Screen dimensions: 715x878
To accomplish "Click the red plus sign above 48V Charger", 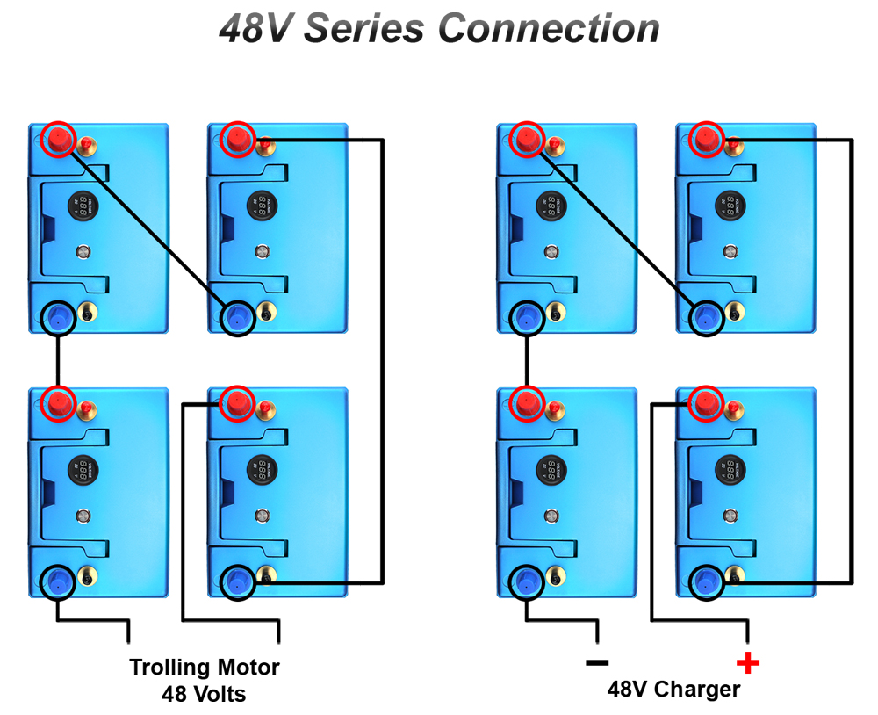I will tap(747, 662).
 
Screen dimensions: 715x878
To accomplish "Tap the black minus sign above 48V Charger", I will tap(596, 662).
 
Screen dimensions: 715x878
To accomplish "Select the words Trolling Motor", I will tap(205, 668).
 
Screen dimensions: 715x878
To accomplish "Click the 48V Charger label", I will tap(673, 690).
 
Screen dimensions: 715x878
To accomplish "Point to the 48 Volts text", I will tap(204, 694).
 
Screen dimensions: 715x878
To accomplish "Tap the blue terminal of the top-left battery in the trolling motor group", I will tap(59, 317).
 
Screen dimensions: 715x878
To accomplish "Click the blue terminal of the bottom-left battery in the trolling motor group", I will tap(59, 581).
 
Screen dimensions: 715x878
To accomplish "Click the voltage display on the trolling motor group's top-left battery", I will tap(83, 207).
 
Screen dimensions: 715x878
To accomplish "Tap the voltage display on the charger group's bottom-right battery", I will tap(728, 471).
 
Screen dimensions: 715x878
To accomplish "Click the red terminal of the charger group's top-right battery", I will tap(705, 139).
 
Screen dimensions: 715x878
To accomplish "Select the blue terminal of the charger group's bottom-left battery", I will tap(527, 581).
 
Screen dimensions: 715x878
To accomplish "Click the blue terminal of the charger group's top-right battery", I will tap(705, 317).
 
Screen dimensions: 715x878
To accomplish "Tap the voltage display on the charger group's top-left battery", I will tap(551, 207).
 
